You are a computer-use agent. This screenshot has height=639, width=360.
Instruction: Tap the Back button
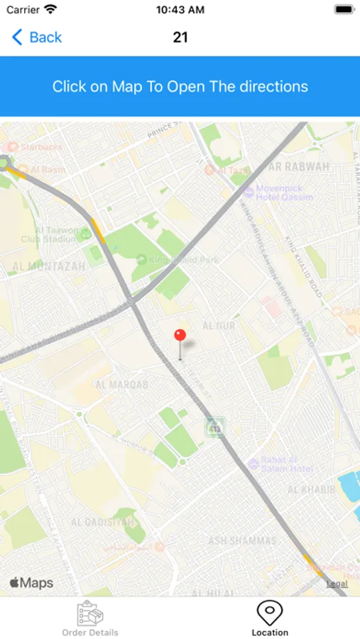pos(37,37)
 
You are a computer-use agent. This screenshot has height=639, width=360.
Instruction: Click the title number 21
pos(180,37)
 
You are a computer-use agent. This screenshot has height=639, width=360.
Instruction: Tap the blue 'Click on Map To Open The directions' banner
pos(180,87)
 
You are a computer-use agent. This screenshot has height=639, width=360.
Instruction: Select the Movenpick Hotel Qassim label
pos(278,192)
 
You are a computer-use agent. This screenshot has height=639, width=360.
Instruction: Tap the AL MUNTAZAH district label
pos(48,267)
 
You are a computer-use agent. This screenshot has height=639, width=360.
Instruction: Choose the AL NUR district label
pos(218,325)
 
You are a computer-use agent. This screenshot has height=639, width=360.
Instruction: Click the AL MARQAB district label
pos(121,385)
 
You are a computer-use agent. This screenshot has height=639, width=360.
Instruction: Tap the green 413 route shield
pos(215,427)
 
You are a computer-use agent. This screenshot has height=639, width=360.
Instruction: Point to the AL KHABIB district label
pos(311,490)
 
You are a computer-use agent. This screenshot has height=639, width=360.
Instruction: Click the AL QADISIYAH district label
pos(103,523)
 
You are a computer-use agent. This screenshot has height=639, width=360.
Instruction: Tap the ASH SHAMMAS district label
pos(242,541)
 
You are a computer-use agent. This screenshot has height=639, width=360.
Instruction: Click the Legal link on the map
pos(337,584)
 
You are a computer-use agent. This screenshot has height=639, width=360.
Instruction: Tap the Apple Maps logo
pos(31,583)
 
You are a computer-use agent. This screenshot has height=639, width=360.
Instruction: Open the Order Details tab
pos(90,618)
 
